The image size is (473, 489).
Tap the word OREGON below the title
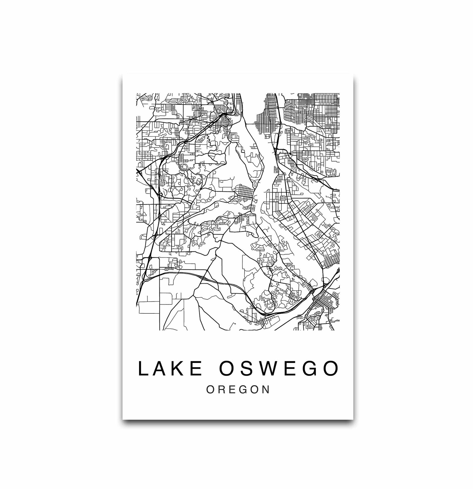click(238, 390)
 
